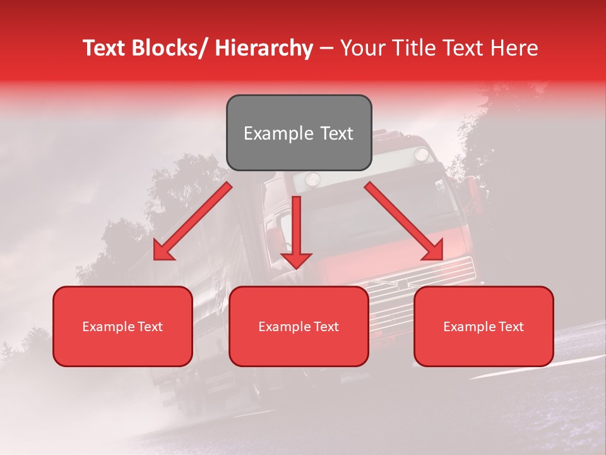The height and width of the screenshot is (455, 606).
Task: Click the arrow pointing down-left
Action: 193,221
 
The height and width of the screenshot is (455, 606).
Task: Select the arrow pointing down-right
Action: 404,221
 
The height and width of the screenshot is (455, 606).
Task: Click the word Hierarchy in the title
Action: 263,48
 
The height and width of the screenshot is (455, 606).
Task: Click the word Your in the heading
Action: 362,48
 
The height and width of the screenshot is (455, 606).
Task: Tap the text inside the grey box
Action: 299,133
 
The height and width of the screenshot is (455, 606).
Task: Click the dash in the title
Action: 326,48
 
